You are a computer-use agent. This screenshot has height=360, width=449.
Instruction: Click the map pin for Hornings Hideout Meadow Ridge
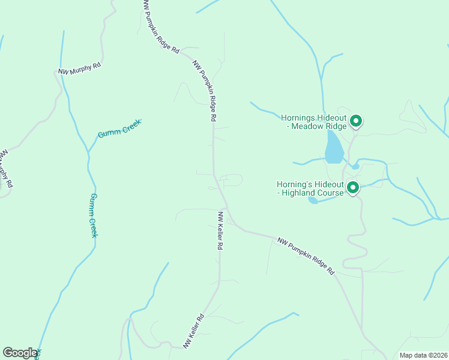355,122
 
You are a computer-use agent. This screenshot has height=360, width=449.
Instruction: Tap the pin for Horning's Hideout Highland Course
353,188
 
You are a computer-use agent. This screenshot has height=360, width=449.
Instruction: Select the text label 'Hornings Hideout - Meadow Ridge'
315,122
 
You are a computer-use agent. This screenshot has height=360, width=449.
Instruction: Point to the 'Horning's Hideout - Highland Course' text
310,188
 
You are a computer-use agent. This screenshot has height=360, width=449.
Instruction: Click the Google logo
20,353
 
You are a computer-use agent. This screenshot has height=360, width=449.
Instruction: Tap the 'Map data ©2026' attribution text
424,355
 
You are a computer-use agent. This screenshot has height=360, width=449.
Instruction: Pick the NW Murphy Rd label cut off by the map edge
5,169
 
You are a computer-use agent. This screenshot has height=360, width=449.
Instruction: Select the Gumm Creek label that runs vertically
93,215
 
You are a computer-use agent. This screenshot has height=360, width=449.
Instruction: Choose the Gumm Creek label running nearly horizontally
119,128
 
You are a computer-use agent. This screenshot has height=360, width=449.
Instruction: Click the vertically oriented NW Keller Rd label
220,230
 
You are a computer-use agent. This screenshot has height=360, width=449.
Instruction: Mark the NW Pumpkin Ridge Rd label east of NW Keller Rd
306,256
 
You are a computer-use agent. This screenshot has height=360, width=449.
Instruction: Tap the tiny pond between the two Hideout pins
355,166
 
